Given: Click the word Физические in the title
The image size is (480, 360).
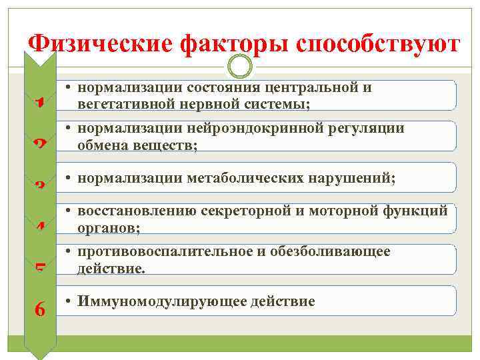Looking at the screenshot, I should (x=99, y=44).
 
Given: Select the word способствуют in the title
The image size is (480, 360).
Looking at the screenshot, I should (x=377, y=44).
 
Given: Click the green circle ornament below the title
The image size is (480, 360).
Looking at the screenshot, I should (x=240, y=66).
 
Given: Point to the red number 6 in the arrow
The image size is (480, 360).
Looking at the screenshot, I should (x=40, y=309).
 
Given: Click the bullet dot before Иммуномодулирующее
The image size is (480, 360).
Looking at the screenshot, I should (x=69, y=301).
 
